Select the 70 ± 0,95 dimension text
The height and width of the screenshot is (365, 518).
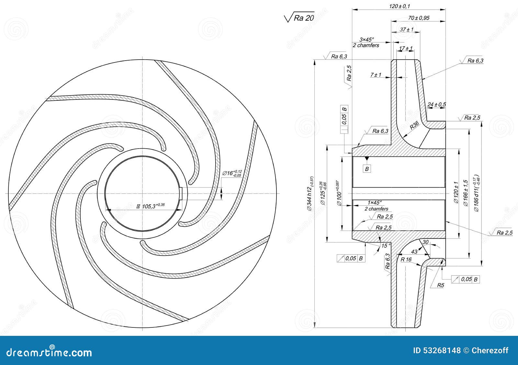click(418, 18)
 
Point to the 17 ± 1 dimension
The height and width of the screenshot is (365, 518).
click(406, 49)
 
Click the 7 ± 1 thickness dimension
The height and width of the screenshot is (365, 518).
click(376, 75)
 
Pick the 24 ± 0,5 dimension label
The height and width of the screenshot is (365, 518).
click(436, 104)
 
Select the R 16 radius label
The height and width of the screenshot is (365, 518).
click(406, 259)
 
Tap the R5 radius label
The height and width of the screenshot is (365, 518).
click(441, 285)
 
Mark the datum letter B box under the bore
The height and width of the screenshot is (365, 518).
click(366, 169)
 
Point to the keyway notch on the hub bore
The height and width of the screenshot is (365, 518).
click(181, 194)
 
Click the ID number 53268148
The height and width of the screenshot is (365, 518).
click(437, 350)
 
